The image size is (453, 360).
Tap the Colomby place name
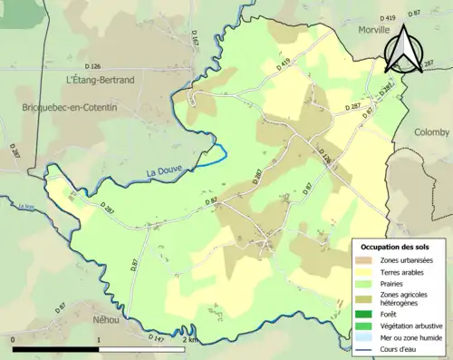(x=431, y=132)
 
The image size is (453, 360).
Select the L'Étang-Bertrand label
(x=101, y=81)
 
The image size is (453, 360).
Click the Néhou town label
(x=105, y=320)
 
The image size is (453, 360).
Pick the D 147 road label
(x=157, y=338)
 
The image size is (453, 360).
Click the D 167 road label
(x=194, y=38)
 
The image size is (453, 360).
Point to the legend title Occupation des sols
(x=395, y=246)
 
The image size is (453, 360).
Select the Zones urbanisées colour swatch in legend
(x=366, y=260)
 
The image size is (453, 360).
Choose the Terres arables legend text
(x=406, y=271)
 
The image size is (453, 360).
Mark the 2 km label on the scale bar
(x=188, y=339)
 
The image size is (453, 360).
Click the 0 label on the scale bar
(x=14, y=339)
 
